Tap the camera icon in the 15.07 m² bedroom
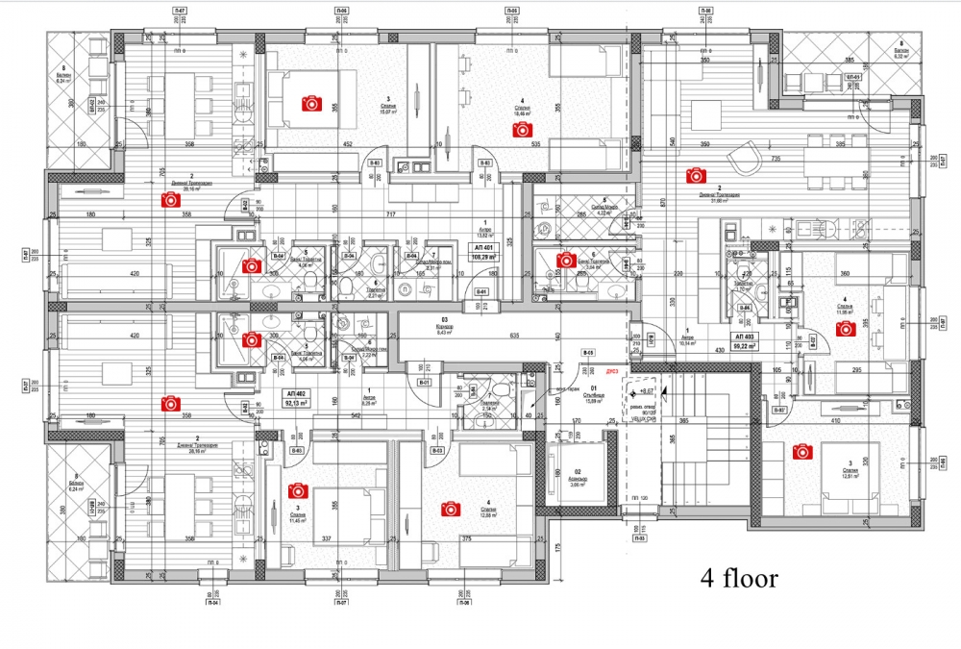coord(310,102)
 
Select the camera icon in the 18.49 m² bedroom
coord(522,129)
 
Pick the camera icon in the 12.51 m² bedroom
coord(800,450)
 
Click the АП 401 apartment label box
coord(482,252)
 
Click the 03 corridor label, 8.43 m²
coord(444,325)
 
